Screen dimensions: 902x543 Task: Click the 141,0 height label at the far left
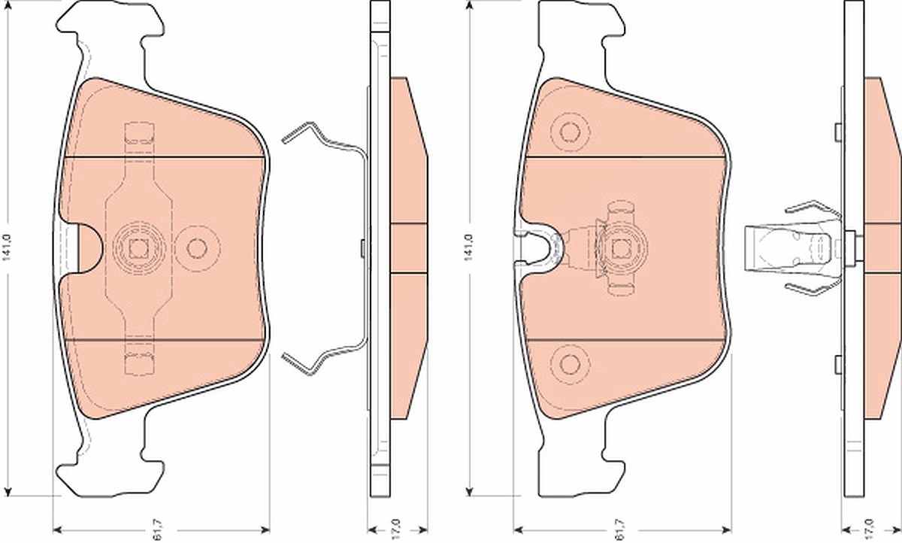[8, 247]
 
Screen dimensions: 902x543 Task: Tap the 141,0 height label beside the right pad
[468, 247]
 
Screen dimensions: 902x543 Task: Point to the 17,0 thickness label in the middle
[396, 529]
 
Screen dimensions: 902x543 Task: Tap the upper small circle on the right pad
[570, 132]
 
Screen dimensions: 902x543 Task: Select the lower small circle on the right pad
[570, 364]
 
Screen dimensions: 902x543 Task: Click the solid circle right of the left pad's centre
[197, 248]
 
